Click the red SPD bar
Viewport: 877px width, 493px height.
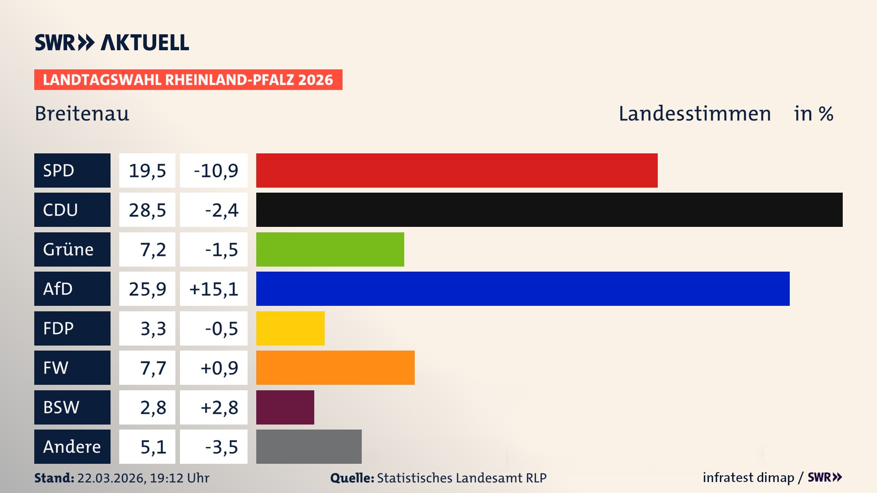(x=457, y=170)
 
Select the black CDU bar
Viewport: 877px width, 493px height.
(x=549, y=210)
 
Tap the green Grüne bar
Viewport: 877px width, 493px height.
(x=330, y=249)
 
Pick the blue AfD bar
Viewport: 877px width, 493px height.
(x=523, y=288)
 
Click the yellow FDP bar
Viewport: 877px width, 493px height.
(x=290, y=328)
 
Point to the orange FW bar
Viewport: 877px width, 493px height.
(x=335, y=367)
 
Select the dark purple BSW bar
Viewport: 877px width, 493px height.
(x=285, y=407)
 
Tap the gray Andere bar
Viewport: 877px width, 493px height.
(x=309, y=446)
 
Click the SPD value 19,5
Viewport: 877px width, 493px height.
(x=147, y=171)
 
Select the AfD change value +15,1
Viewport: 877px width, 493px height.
(x=214, y=289)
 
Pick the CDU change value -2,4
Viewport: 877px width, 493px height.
(x=222, y=210)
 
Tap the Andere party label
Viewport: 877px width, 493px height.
(x=72, y=446)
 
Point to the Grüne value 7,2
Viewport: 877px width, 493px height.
(x=153, y=250)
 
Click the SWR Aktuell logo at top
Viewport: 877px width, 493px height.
(x=112, y=42)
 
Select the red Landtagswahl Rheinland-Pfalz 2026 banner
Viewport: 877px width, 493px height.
(x=188, y=79)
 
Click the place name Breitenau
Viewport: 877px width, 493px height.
(x=82, y=114)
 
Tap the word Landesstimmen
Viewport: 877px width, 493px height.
(x=694, y=114)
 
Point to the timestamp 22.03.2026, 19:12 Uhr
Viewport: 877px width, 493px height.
(x=143, y=478)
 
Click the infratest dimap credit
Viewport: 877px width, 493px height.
(x=748, y=477)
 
